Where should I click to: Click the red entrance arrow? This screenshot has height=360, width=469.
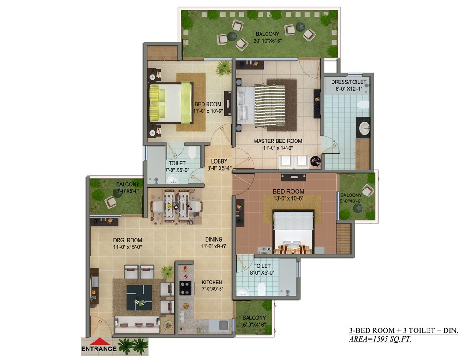(99, 342)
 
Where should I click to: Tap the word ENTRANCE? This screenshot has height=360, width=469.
(99, 348)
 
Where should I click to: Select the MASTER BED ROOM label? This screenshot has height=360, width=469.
(278, 141)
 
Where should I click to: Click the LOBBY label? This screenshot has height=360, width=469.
(219, 161)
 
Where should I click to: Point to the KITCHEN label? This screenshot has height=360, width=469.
(212, 282)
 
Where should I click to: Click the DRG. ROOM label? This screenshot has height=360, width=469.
(127, 240)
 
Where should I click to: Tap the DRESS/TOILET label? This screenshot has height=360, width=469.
(349, 82)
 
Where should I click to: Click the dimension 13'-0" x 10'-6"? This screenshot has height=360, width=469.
(288, 198)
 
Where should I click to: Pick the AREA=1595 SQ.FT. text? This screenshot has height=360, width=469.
(380, 339)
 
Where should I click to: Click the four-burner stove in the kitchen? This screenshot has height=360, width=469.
(185, 288)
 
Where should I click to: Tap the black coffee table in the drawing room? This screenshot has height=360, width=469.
(139, 297)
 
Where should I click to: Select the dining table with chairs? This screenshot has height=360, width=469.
(176, 207)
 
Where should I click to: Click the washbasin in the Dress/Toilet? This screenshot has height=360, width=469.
(364, 129)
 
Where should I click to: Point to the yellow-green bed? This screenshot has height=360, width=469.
(171, 103)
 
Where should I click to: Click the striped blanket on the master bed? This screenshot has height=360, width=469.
(269, 106)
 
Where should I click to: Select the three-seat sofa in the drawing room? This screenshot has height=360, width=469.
(137, 325)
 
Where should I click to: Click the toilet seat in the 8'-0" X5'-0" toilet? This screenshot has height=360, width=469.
(261, 289)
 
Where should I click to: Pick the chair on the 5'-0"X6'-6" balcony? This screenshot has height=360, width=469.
(367, 190)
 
